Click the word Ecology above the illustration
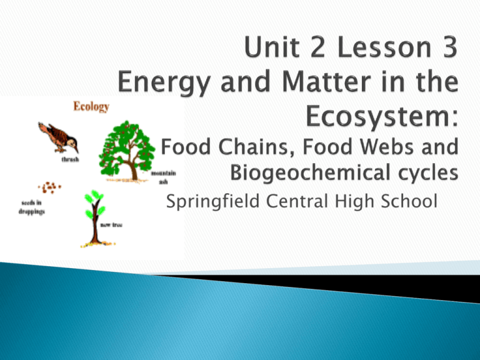click(91, 106)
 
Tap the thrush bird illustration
click(58, 137)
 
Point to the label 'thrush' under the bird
click(70, 159)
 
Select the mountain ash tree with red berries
click(127, 151)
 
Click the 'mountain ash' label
click(164, 177)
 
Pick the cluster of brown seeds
click(49, 187)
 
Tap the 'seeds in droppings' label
click(32, 207)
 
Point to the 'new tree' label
click(111, 225)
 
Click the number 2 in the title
click(317, 47)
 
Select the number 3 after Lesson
click(449, 47)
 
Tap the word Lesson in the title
click(384, 47)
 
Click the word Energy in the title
click(164, 82)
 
